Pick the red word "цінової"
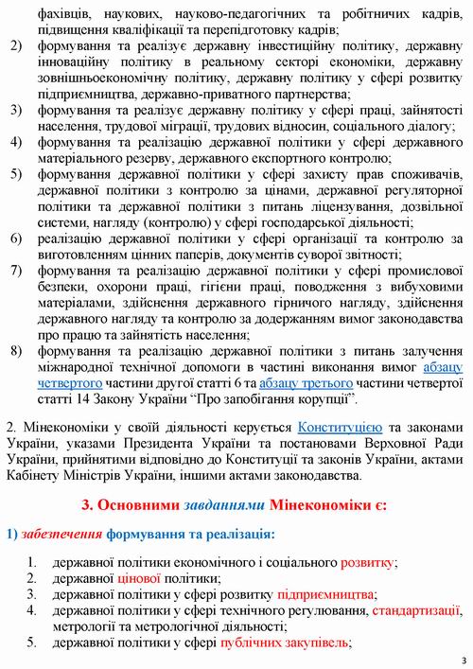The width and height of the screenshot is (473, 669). (x=138, y=578)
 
